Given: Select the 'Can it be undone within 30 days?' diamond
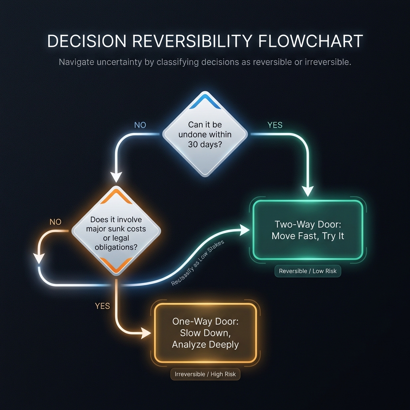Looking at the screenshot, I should (x=205, y=135).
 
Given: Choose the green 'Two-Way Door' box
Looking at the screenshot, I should (x=307, y=230).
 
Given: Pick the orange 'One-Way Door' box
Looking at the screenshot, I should (x=205, y=333).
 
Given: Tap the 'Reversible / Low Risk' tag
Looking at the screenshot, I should (x=307, y=271).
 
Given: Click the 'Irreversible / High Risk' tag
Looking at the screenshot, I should (x=205, y=375).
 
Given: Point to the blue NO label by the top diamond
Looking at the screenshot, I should (x=140, y=125).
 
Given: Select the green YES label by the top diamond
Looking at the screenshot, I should (x=275, y=125).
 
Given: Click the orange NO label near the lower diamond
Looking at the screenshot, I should (x=56, y=221).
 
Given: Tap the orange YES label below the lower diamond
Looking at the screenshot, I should (x=102, y=306).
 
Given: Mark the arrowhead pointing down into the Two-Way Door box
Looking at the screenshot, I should (x=307, y=191).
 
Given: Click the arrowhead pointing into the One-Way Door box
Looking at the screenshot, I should (x=146, y=332).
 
